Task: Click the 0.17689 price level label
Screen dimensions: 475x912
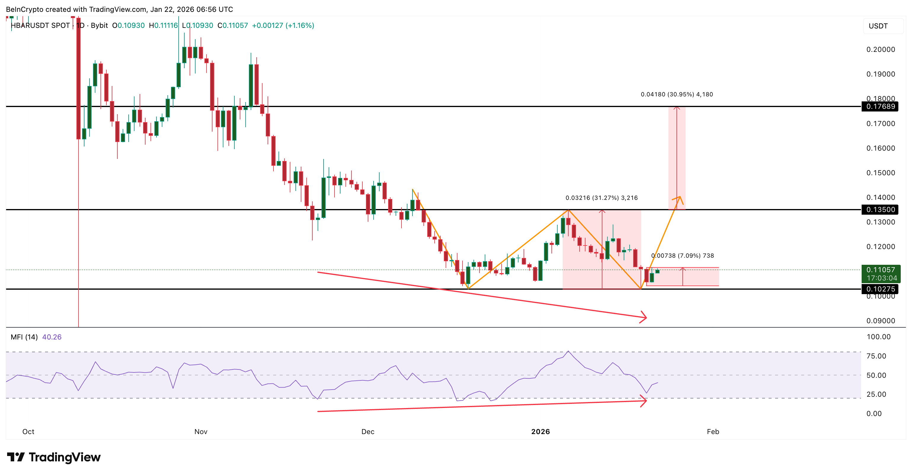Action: point(880,106)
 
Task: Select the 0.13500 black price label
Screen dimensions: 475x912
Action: point(880,209)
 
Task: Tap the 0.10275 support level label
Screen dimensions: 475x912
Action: point(880,289)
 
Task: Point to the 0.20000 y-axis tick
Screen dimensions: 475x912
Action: point(881,50)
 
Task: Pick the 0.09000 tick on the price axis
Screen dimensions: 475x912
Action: point(881,321)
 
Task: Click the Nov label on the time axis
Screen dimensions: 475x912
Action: point(201,431)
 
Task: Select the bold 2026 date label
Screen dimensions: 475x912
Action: point(540,431)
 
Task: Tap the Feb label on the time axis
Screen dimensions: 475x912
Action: point(713,431)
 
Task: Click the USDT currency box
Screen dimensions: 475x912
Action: point(878,26)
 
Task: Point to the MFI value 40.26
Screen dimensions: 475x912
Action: point(52,337)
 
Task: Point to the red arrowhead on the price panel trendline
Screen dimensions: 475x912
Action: point(643,317)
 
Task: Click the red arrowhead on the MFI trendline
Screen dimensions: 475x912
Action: point(644,401)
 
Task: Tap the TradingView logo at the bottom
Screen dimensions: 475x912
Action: point(54,457)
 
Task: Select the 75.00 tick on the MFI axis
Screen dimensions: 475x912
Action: point(876,356)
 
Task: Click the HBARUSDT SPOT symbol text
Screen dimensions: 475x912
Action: point(40,25)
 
